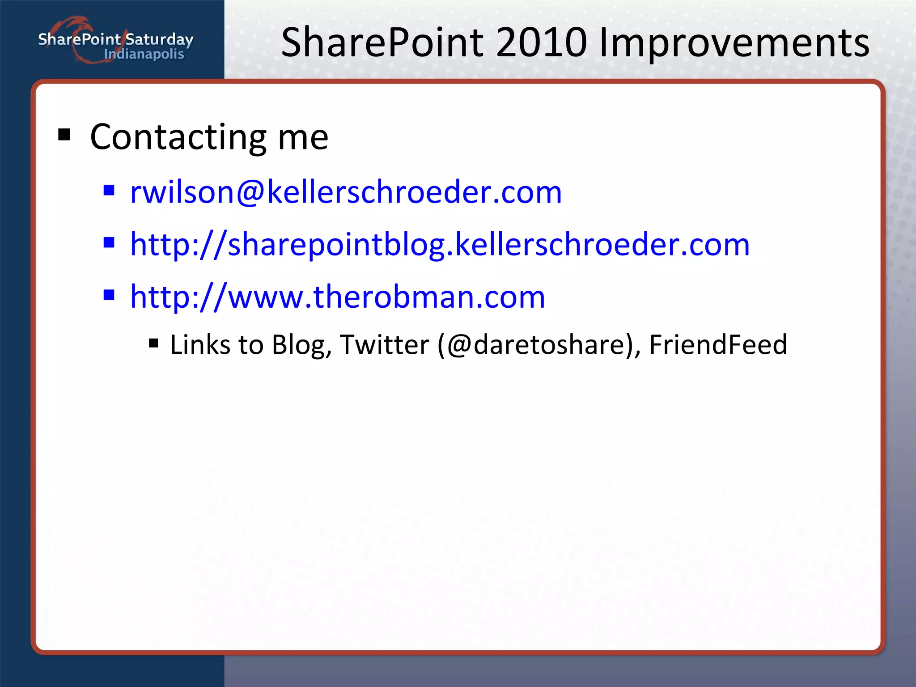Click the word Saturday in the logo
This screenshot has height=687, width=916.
159,40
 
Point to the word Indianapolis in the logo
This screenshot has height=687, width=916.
144,55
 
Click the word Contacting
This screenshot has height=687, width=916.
178,137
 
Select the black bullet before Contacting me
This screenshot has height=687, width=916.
64,134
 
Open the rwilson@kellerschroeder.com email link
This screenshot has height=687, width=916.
345,192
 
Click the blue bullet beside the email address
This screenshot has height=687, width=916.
109,191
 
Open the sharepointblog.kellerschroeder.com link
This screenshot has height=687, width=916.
440,245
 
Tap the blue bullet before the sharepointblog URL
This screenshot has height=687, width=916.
109,243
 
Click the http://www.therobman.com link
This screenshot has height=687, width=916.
338,297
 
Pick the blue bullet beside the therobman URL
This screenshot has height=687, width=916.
109,295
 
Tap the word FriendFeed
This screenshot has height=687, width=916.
718,345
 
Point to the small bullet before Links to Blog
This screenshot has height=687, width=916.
153,343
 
